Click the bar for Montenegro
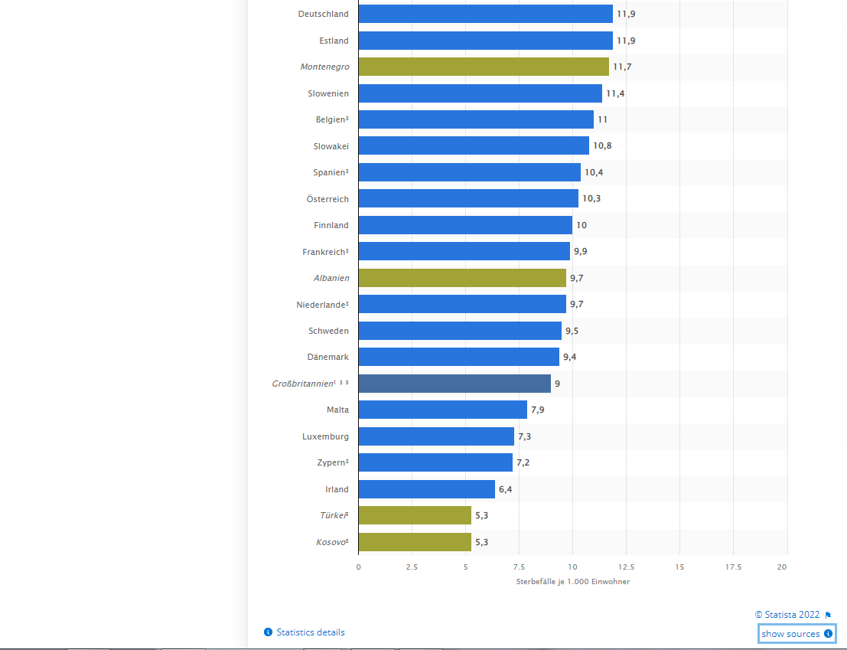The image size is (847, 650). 484,67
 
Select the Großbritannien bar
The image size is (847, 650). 454,384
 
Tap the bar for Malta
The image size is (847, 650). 442,410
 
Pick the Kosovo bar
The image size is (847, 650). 415,542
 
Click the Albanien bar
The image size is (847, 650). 462,278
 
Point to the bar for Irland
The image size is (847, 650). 426,489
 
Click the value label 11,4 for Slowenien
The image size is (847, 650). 614,93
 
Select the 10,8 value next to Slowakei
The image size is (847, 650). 602,145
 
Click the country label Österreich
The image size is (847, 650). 327,199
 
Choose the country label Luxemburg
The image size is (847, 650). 325,436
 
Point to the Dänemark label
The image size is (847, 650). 327,357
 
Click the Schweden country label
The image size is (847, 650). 328,331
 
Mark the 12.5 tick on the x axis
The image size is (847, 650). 625,567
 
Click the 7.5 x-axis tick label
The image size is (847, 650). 519,567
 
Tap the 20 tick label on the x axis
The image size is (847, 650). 782,567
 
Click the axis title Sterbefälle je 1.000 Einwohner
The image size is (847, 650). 573,582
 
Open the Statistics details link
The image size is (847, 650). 310,632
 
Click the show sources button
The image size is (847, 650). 797,634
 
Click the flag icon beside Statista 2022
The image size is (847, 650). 828,615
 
